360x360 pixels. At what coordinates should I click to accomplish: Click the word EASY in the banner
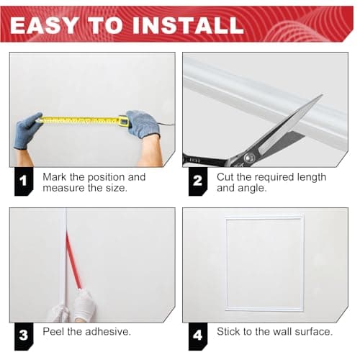(x=44, y=25)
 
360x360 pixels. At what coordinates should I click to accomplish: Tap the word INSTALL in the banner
(x=188, y=25)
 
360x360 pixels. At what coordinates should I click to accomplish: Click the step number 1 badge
(x=24, y=181)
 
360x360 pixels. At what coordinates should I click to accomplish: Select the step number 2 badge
(x=197, y=181)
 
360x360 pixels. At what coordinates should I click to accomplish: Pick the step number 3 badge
(x=24, y=336)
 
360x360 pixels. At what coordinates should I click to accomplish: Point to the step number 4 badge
(x=197, y=336)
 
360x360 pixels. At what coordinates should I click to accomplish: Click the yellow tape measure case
(x=123, y=121)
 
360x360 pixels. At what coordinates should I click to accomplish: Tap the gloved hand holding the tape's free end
(x=27, y=130)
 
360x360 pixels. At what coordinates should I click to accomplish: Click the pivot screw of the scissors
(x=249, y=158)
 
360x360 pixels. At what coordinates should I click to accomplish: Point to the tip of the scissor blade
(x=322, y=95)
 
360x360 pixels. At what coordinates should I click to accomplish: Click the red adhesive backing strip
(x=73, y=261)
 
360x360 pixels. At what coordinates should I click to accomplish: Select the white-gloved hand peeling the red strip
(x=84, y=305)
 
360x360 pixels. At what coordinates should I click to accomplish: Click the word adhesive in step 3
(x=108, y=331)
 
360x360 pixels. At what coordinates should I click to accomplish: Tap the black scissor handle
(x=204, y=161)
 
